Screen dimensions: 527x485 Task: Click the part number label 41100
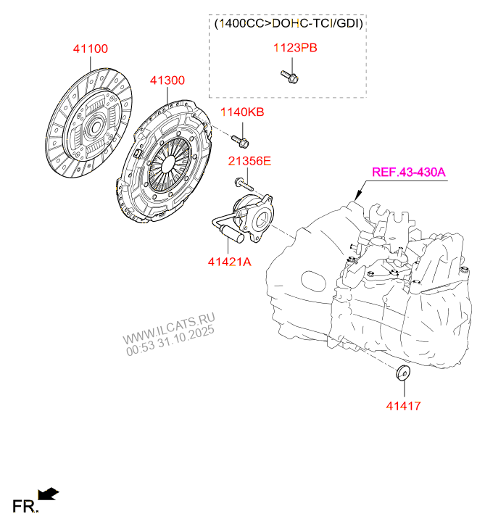click(90, 49)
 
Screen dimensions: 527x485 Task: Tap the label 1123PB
click(294, 49)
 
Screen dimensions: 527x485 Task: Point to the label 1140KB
click(242, 112)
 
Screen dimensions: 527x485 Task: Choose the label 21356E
click(249, 161)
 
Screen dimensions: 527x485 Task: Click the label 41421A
click(228, 262)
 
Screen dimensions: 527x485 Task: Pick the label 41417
click(402, 406)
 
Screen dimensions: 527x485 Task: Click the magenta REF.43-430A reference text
click(409, 173)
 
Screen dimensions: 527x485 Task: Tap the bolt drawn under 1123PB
click(289, 75)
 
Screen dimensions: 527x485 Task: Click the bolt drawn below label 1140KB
click(240, 138)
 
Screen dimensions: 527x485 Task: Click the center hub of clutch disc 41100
click(94, 130)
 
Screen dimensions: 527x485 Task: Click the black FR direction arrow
click(49, 494)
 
